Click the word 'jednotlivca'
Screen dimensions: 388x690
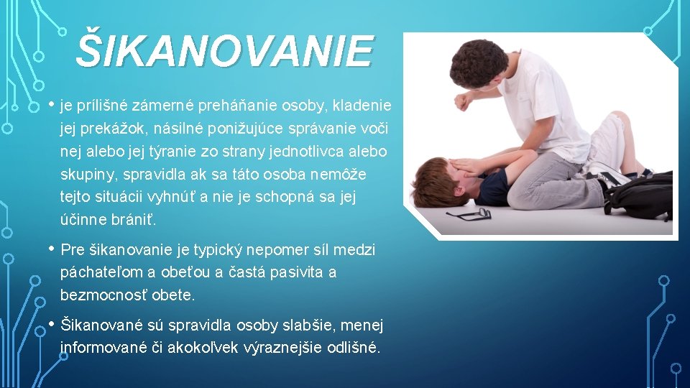coord(303,152)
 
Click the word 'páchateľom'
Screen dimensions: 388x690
coord(101,273)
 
